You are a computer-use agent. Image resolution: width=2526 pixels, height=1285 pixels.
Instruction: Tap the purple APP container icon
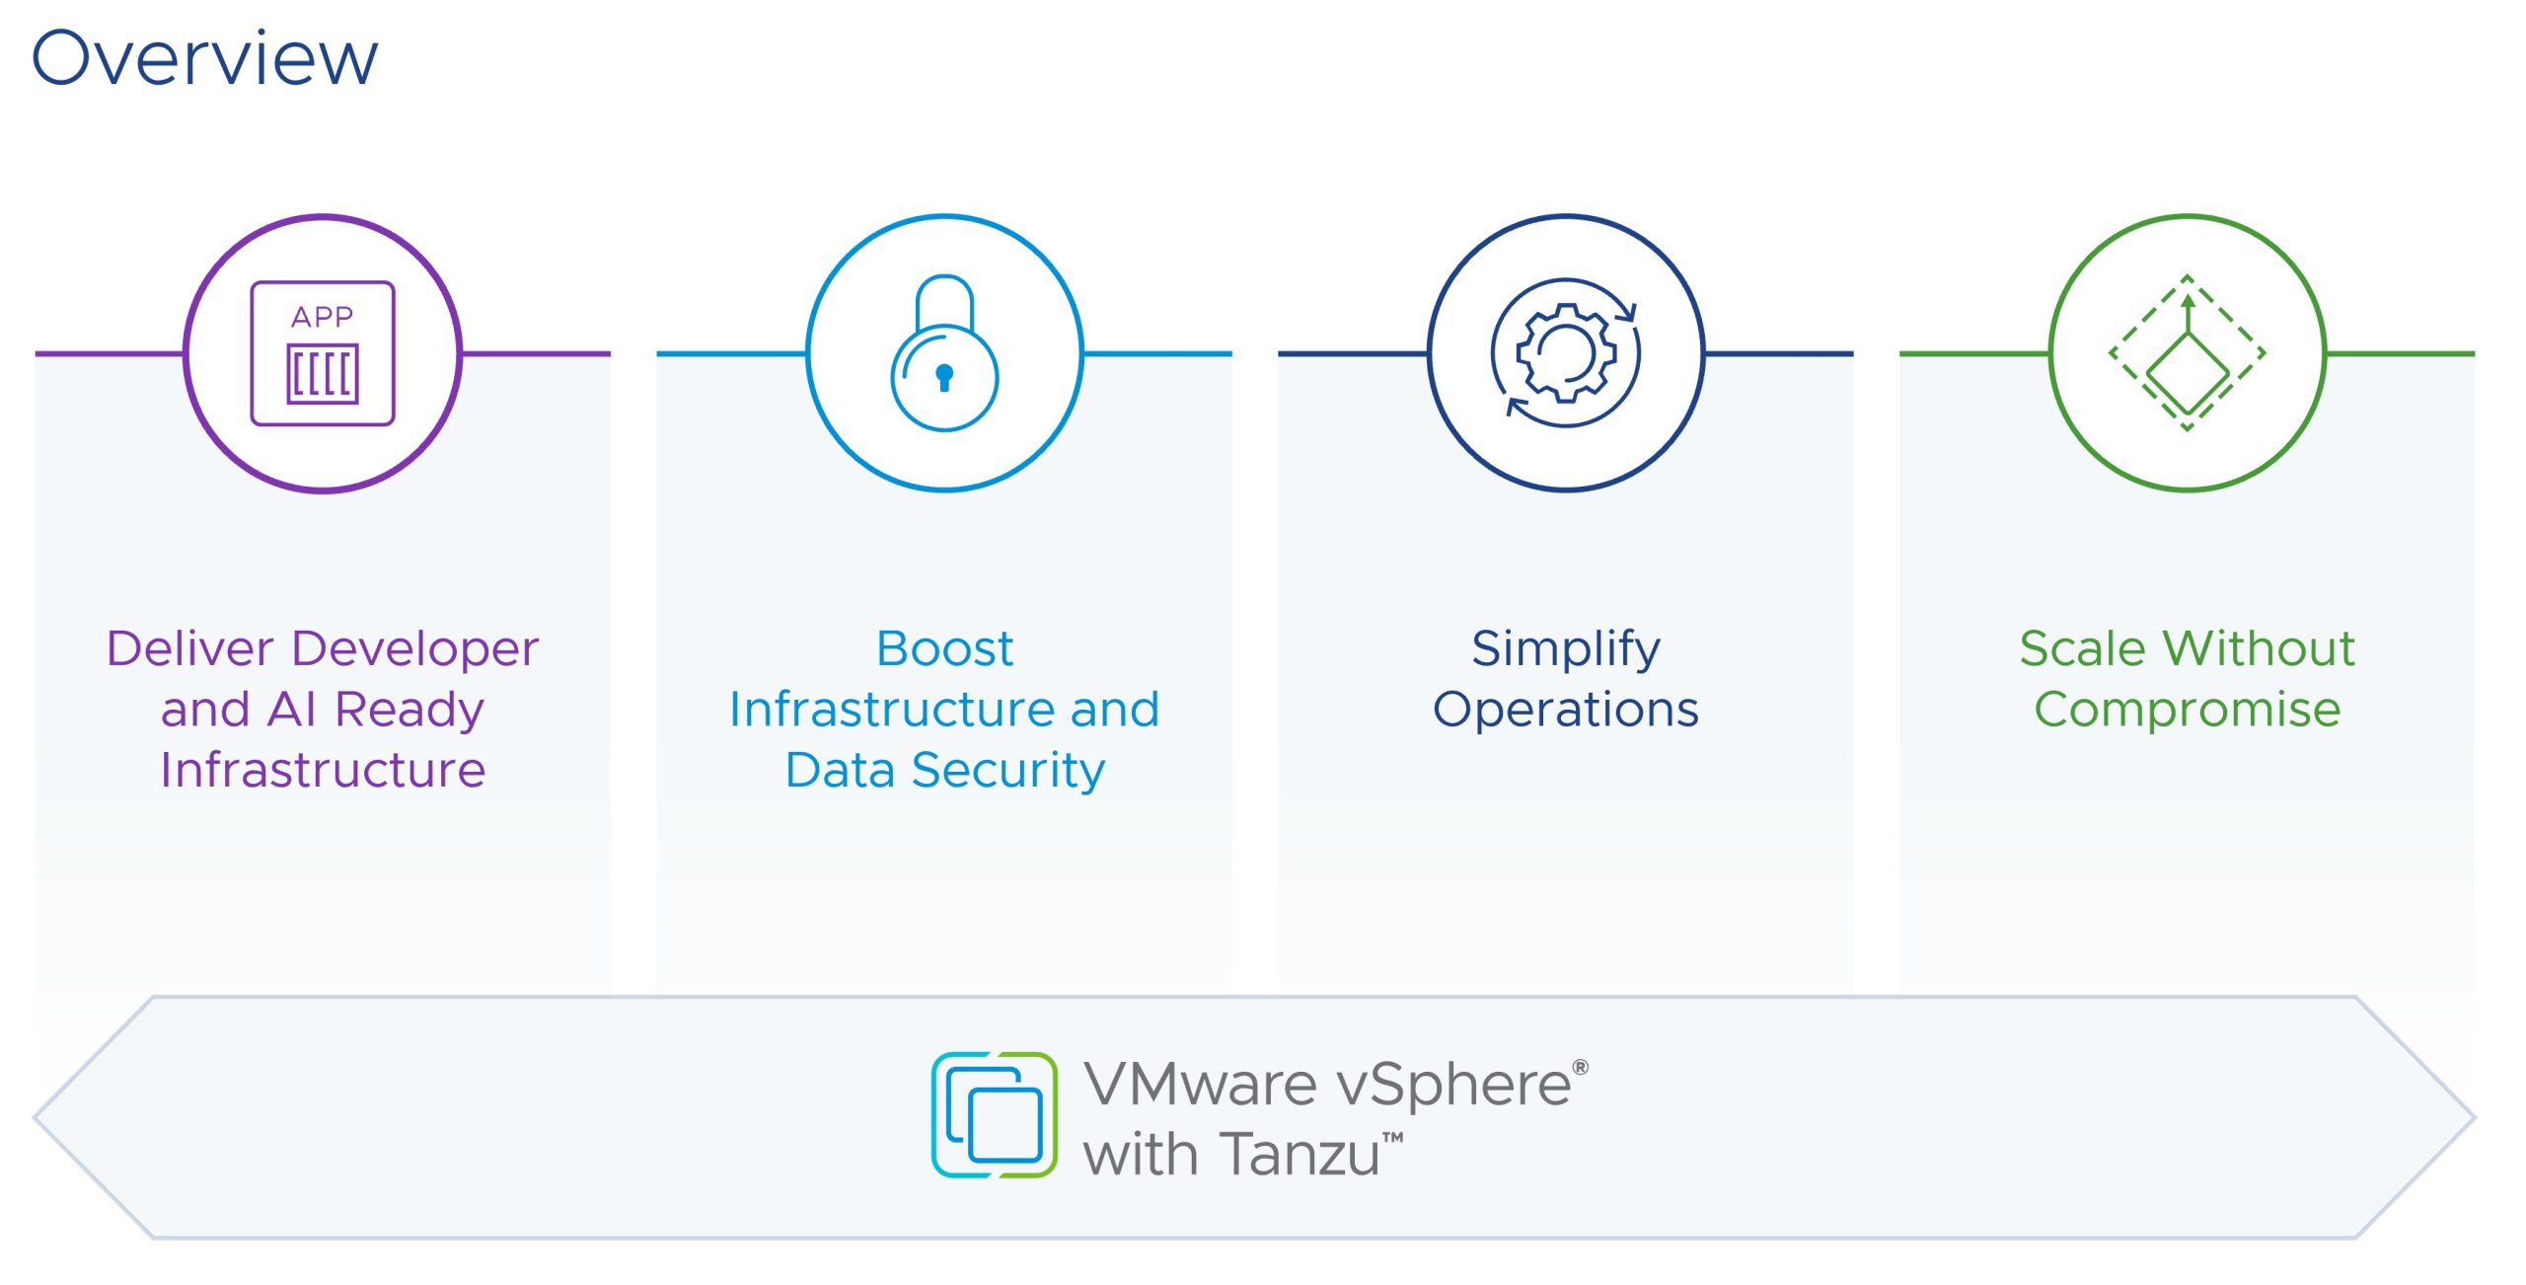pos(323,353)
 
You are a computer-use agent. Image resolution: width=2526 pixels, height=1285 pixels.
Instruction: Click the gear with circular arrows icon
pos(1566,353)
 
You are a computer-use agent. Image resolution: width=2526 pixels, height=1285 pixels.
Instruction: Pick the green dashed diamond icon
pos(2188,353)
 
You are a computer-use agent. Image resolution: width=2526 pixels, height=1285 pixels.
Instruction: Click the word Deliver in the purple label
pos(189,649)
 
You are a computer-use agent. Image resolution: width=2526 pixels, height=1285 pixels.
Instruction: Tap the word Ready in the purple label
pos(409,710)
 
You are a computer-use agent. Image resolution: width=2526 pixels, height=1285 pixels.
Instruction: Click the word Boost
pos(944,649)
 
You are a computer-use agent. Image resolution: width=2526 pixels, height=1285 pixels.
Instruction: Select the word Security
pos(1007,771)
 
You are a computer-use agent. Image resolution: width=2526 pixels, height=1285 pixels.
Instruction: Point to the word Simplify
pos(1566,649)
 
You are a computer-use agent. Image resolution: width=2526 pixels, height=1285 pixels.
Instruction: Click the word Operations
pos(1566,710)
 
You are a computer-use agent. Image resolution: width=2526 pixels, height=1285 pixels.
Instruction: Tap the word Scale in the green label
pos(2082,649)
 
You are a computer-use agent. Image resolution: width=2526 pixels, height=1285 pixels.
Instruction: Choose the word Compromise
pos(2188,710)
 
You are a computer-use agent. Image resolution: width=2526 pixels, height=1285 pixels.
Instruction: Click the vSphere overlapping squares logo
pos(995,1115)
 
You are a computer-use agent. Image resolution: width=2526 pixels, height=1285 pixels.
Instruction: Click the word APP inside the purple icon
pos(323,317)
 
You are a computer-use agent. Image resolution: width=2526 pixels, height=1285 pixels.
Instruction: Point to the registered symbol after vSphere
pos(1581,1067)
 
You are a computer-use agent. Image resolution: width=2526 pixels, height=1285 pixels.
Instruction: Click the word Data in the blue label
pos(839,771)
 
